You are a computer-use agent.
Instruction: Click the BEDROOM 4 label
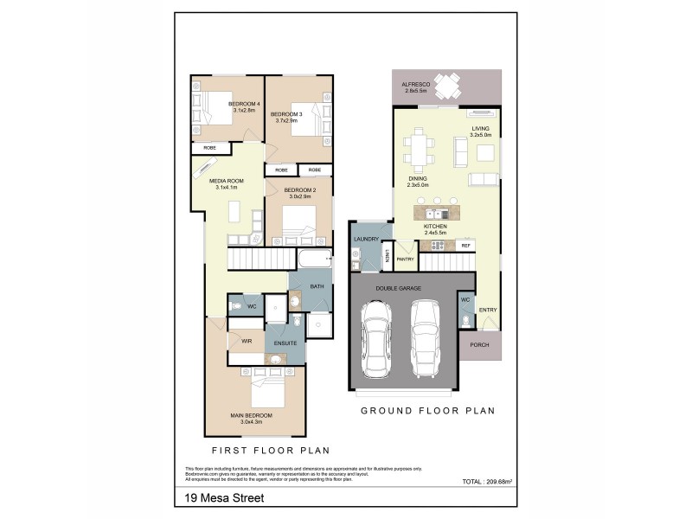click(244, 104)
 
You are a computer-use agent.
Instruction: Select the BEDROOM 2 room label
click(300, 189)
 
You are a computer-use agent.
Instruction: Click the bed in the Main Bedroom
click(267, 391)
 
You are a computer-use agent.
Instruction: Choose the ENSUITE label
click(285, 343)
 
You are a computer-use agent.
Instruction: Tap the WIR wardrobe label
click(246, 342)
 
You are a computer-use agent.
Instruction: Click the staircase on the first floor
click(257, 257)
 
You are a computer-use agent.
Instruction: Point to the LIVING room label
click(480, 129)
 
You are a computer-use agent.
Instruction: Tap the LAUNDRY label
click(367, 239)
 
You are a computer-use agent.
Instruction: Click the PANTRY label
click(405, 259)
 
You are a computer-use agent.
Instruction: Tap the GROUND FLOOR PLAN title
click(427, 411)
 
